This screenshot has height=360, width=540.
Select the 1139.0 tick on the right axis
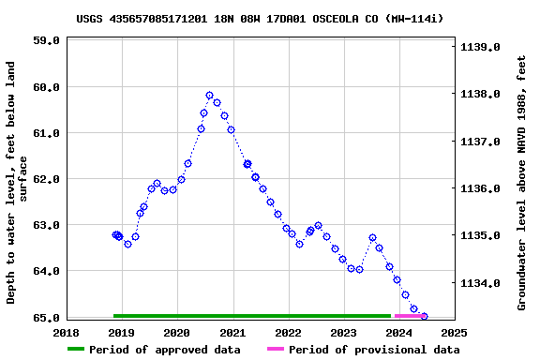click(481, 46)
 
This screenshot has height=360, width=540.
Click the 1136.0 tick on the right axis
click(481, 188)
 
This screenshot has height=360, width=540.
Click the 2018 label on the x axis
click(67, 332)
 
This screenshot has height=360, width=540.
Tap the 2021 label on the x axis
click(232, 332)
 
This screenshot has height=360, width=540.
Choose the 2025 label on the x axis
click(454, 332)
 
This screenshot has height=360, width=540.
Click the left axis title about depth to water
click(18, 183)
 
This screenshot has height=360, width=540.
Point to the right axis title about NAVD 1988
click(521, 183)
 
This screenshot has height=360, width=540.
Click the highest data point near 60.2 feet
click(209, 96)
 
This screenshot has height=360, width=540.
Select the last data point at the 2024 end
click(424, 317)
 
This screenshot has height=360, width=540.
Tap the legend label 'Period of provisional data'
click(374, 350)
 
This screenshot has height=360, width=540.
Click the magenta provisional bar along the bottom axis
click(411, 316)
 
